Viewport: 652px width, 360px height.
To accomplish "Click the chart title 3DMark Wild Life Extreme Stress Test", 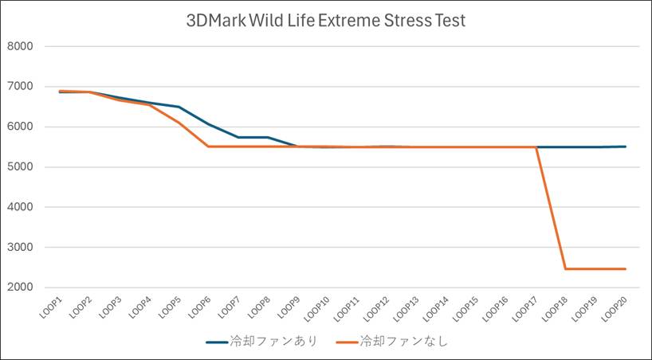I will tap(325, 21).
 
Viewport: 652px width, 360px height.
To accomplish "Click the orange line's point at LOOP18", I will tap(566, 269).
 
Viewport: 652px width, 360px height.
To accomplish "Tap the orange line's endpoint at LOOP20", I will tap(626, 269).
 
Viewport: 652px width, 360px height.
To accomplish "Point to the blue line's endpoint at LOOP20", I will tap(626, 147).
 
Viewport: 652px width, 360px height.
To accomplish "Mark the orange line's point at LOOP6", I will tap(208, 147).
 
